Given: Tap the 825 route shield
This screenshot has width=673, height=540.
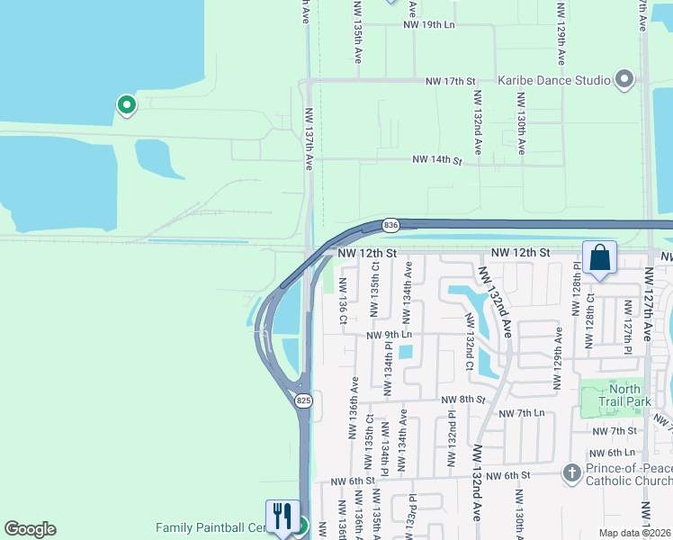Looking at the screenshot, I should [303, 400].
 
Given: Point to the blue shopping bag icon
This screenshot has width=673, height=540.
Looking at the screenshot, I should [600, 258].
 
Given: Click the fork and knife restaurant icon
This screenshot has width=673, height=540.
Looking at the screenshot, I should [283, 515].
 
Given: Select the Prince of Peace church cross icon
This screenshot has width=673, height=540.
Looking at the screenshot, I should [570, 472].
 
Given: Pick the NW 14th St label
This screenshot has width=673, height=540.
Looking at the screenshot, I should [436, 160].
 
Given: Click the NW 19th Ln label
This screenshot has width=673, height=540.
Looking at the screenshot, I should [429, 26].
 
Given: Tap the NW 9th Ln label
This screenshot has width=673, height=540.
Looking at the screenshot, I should [389, 335].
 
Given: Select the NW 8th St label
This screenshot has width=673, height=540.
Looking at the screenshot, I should [462, 399].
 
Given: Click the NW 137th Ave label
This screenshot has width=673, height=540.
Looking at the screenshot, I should [309, 139].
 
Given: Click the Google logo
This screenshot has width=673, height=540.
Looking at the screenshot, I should [30, 529].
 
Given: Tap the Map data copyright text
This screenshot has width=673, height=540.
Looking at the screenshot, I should [635, 533].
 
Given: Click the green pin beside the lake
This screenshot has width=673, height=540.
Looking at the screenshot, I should [127, 105].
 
